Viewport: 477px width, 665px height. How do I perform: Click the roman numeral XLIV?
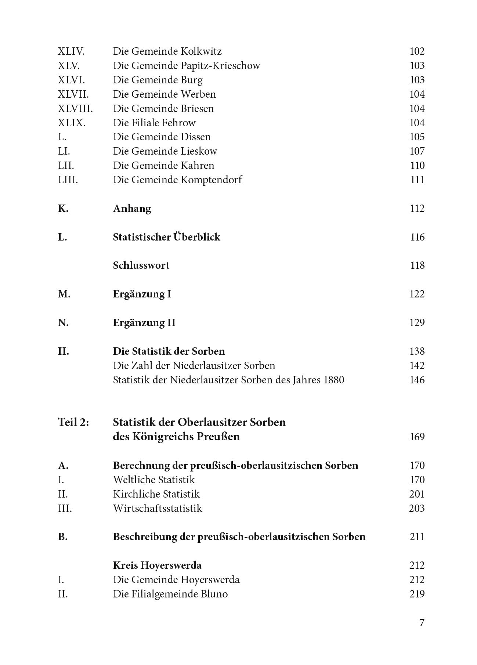coord(71,51)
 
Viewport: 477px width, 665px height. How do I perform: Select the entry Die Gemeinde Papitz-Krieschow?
coord(186,66)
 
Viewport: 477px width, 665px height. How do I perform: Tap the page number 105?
coord(417,137)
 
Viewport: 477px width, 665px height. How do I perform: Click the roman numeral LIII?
coord(68,180)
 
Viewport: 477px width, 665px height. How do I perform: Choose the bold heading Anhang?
coord(132,209)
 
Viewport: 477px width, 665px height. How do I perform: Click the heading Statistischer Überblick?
coord(166,237)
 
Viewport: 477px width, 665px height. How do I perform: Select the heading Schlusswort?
coord(141,265)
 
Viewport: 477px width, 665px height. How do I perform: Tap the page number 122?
coord(417,294)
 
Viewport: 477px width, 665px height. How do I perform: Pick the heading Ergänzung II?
coord(144,323)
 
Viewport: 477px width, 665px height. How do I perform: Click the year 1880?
coord(334,380)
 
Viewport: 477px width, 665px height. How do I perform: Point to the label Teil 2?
coord(73,422)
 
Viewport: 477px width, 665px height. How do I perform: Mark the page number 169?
coord(417,437)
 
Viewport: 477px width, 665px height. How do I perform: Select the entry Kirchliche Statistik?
coord(156,494)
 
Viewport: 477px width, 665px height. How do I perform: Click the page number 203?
coord(417,509)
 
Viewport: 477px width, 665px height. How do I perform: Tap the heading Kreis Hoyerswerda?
coord(157,565)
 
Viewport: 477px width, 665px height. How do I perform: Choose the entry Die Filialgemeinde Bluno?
coord(170,594)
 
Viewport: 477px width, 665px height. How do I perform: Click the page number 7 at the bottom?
coord(422,623)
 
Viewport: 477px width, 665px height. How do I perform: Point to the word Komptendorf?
coord(211,180)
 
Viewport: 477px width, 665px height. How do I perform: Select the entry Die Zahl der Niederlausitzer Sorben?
coord(194,366)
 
